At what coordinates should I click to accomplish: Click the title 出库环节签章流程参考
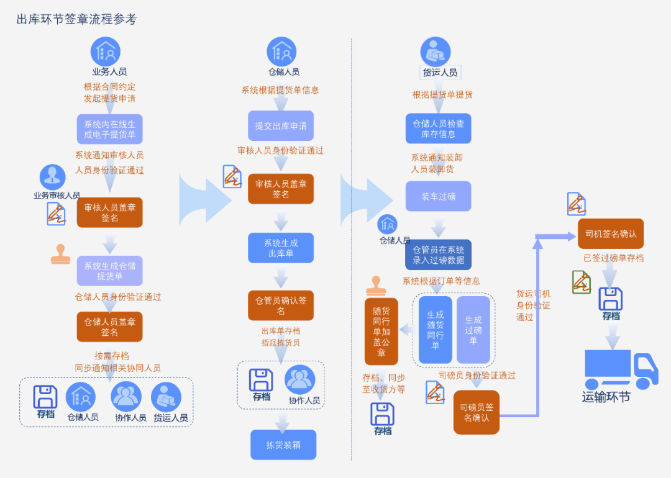[76, 19]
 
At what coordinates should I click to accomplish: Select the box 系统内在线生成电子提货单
[110, 129]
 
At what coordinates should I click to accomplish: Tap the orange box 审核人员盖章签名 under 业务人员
[110, 212]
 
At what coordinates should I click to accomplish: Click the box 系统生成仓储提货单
[110, 271]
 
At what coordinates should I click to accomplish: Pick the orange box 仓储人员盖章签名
[110, 327]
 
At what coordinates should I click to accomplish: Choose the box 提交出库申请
[281, 125]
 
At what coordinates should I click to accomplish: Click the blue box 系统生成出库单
[281, 248]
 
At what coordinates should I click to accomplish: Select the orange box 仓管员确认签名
[281, 305]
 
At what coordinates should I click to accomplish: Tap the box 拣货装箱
[283, 444]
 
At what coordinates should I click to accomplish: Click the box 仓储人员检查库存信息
[439, 129]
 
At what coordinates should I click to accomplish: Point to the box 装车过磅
[439, 196]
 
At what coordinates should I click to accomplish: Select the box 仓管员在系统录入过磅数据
[439, 255]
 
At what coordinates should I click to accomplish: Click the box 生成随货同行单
[436, 330]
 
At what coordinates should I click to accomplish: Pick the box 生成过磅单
[473, 330]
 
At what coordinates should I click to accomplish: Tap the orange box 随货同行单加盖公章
[381, 331]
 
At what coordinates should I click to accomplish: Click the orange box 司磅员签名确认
[477, 412]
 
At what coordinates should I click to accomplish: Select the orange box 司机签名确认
[611, 233]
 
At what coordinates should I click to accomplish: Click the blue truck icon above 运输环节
[620, 369]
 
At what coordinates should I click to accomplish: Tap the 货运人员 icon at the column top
[436, 52]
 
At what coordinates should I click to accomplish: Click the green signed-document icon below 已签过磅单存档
[582, 282]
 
